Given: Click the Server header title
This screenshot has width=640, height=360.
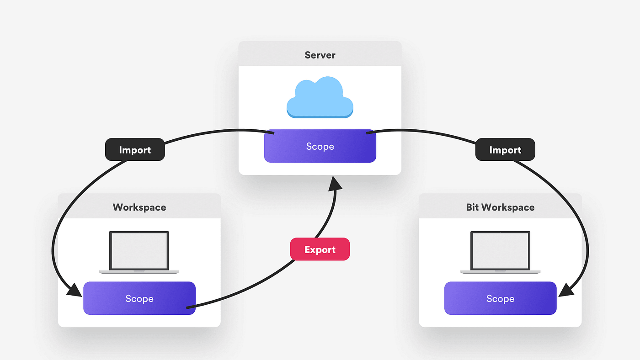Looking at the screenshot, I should point(320,55).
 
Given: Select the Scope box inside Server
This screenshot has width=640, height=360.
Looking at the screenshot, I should point(320,146).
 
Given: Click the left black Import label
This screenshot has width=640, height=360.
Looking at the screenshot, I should point(135,150).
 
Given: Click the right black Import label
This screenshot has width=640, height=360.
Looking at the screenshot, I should point(505,150).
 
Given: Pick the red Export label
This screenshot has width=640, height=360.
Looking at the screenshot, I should point(320,249).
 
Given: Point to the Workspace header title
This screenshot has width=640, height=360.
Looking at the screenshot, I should point(139,207).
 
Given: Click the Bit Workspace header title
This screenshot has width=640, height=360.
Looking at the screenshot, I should point(500,207).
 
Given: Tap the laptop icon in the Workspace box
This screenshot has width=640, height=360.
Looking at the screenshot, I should point(139,253).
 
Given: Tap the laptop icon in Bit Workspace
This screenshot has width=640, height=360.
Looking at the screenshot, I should point(500,253).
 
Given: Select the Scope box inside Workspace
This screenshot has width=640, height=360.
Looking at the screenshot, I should point(139,298).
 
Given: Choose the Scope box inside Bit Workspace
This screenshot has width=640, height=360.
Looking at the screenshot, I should point(500,298).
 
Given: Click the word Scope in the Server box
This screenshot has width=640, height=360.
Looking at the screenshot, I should point(320,147).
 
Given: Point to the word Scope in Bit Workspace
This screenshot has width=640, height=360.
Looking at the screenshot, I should point(500,299).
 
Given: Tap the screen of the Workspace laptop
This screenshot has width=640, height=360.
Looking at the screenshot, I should point(139,250).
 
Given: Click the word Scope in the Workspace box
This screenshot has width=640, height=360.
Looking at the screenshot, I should point(139,299).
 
